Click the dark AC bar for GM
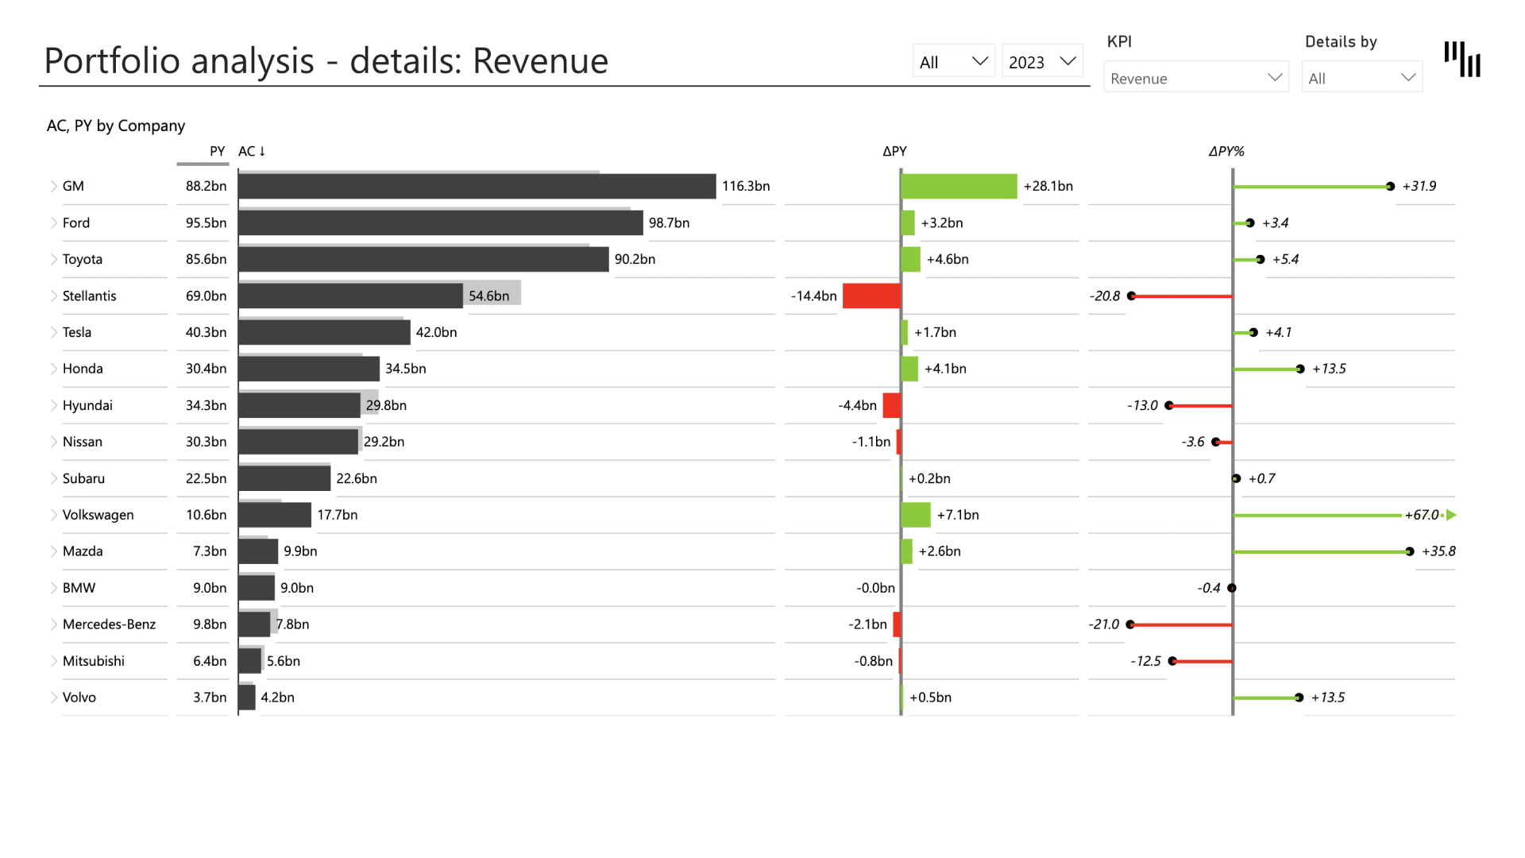click(477, 187)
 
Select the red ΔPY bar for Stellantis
click(871, 296)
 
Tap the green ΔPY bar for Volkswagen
click(916, 515)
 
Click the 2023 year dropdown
click(1042, 62)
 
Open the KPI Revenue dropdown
click(1195, 78)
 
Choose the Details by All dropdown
click(1361, 78)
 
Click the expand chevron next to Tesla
click(54, 332)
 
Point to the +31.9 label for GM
click(1419, 186)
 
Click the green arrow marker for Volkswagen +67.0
click(1451, 515)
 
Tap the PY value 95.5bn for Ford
click(206, 223)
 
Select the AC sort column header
click(252, 151)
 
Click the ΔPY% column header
click(1226, 151)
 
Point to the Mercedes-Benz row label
click(109, 624)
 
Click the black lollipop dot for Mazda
click(1409, 551)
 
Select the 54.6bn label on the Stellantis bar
click(488, 296)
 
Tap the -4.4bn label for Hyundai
click(857, 405)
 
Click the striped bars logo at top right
click(1462, 60)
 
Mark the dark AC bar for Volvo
click(247, 698)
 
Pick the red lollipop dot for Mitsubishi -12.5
click(1172, 661)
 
